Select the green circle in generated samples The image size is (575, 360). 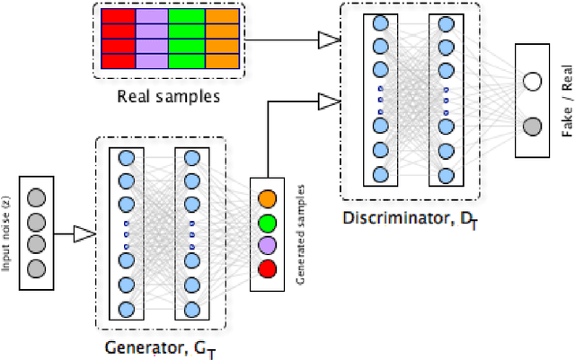pos(268,222)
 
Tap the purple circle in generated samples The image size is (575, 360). pos(268,245)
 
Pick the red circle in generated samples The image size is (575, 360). pos(268,268)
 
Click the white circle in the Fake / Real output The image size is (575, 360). pos(532,83)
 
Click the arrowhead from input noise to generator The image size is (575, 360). pos(84,234)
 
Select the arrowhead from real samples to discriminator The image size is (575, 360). pos(330,40)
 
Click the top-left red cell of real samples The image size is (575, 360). pos(113,16)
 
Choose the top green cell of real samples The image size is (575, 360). pos(187,16)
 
